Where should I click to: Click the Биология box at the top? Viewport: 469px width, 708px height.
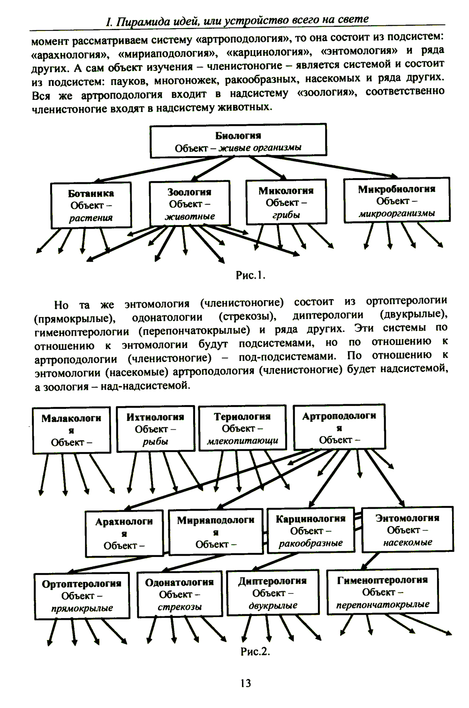coord(238,141)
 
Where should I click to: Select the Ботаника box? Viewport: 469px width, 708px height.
coord(91,205)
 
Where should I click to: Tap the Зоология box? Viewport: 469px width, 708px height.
coord(189,204)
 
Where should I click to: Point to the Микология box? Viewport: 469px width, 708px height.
coord(286,203)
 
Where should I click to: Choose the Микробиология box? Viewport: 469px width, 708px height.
coord(397,201)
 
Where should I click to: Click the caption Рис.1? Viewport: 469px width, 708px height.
coord(250,275)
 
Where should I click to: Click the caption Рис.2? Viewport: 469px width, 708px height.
coord(255,652)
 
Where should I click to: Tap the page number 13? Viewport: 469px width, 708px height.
coord(245,683)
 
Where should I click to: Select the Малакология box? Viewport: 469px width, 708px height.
coord(71,430)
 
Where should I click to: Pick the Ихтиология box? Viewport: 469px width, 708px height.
coord(155,429)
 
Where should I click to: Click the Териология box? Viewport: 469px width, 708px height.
coord(242,428)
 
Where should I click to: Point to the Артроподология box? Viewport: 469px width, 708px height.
coord(339,427)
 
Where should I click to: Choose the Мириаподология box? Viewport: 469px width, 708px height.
coord(216,532)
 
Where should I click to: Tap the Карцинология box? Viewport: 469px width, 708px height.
coord(310,530)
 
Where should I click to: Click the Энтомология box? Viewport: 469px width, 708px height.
coord(407,530)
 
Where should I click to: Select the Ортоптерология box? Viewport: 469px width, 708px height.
coord(82,595)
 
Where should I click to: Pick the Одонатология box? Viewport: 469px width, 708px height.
coord(179,594)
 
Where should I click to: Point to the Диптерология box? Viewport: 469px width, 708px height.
coord(272,593)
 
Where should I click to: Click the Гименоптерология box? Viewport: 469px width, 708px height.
coord(382,592)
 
